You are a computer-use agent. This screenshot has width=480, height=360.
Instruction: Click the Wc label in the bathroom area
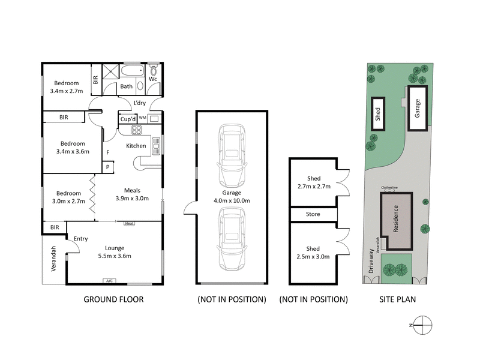pyautogui.click(x=152, y=79)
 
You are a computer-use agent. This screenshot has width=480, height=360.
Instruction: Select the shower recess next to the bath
pyautogui.click(x=111, y=74)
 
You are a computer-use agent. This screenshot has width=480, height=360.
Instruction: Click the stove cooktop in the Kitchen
pyautogui.click(x=136, y=130)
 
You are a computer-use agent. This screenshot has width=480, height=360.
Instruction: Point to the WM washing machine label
pyautogui.click(x=143, y=118)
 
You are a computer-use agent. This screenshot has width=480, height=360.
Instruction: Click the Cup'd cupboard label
pyautogui.click(x=127, y=119)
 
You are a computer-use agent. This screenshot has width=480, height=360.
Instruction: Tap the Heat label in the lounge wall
pyautogui.click(x=129, y=224)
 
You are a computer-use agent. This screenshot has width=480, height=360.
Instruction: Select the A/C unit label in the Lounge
pyautogui.click(x=109, y=281)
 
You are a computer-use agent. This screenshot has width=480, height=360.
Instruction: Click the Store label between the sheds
pyautogui.click(x=313, y=214)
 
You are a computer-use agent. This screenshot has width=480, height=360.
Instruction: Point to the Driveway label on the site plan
pyautogui.click(x=372, y=262)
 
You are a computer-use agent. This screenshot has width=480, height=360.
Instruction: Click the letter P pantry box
pyautogui.click(x=108, y=167)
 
